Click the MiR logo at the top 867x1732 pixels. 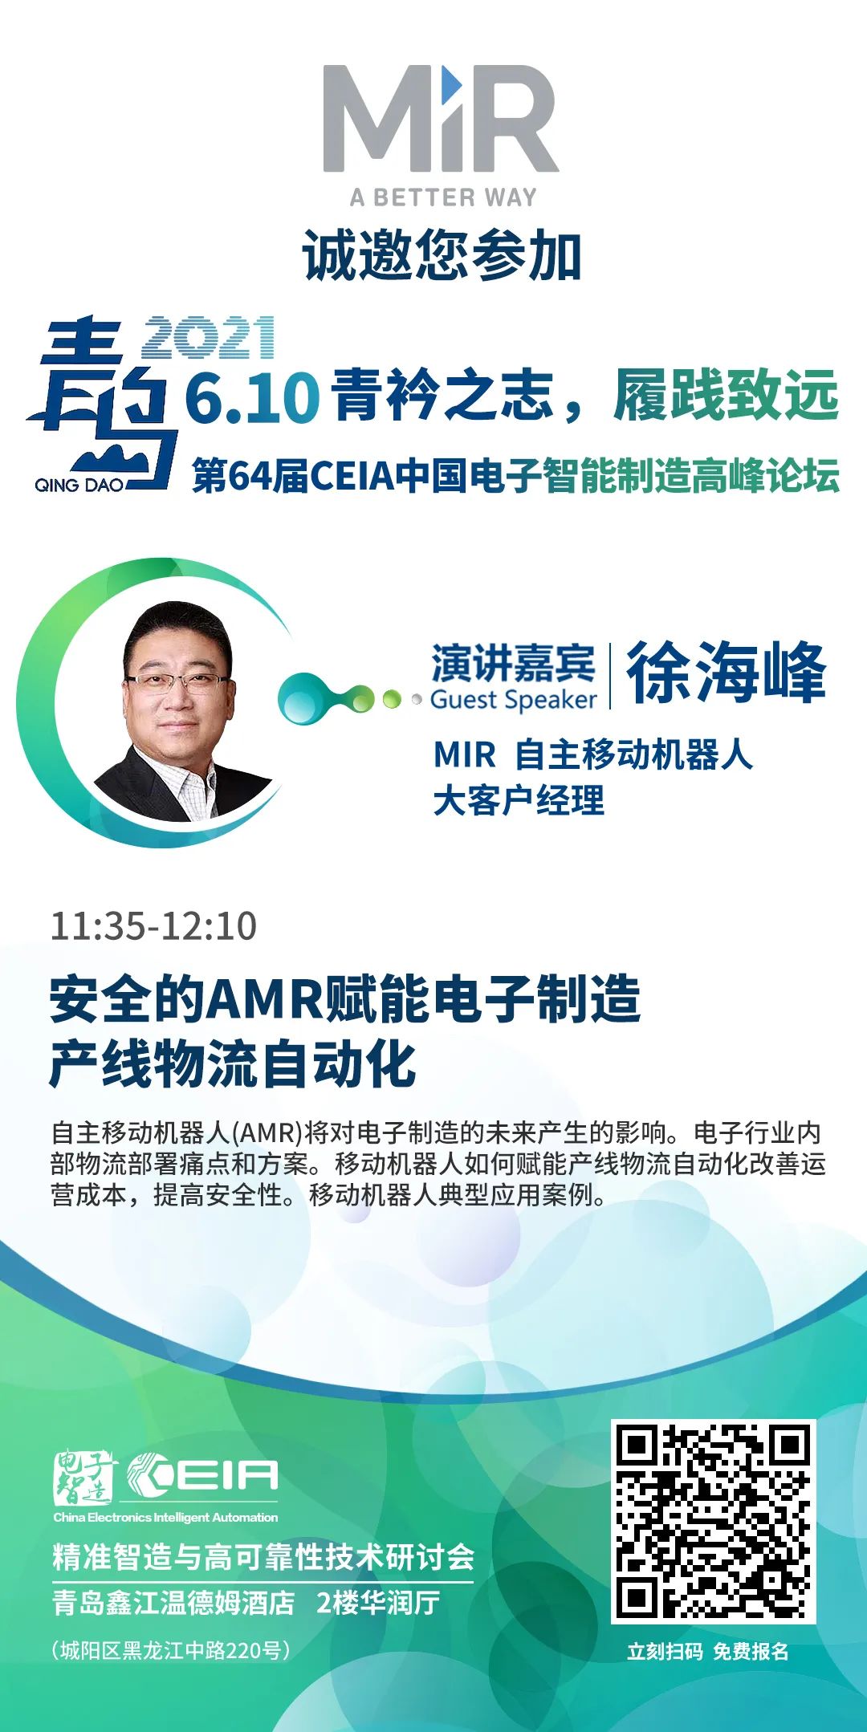(441, 118)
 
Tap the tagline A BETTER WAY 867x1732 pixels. (443, 197)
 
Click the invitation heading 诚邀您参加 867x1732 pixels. (442, 256)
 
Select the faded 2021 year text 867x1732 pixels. (209, 337)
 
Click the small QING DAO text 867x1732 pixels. (79, 485)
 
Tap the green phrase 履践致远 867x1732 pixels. (727, 395)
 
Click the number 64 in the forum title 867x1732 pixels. (250, 476)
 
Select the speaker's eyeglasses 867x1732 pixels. (177, 682)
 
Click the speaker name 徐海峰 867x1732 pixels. (727, 673)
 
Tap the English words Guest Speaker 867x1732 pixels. (514, 700)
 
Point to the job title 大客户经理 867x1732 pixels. (519, 800)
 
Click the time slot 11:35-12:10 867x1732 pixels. (153, 925)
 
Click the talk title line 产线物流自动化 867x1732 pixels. (233, 1064)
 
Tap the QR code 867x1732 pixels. (713, 1522)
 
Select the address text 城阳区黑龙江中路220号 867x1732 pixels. (171, 1650)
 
